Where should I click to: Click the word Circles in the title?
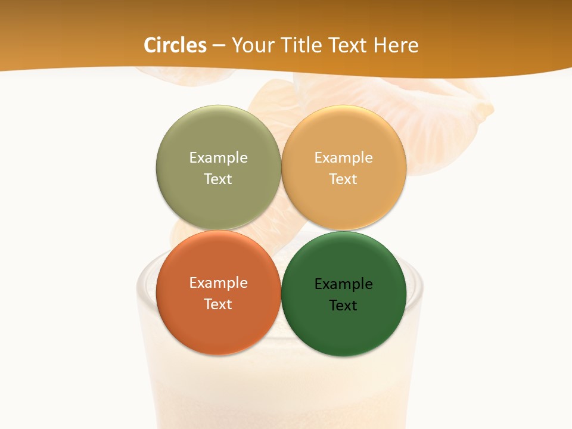tap(175, 45)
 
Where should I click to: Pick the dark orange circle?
tap(218, 328)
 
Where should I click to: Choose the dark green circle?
tap(344, 331)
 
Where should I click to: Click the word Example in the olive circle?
tap(218, 157)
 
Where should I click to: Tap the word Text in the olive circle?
tap(218, 179)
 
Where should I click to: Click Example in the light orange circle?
tap(344, 157)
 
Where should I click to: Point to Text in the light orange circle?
tap(344, 179)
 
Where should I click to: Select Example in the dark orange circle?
tap(218, 282)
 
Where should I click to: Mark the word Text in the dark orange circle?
tap(218, 304)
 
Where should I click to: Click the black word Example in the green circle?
tap(344, 284)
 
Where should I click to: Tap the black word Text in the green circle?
tap(344, 305)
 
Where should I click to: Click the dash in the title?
tap(219, 45)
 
